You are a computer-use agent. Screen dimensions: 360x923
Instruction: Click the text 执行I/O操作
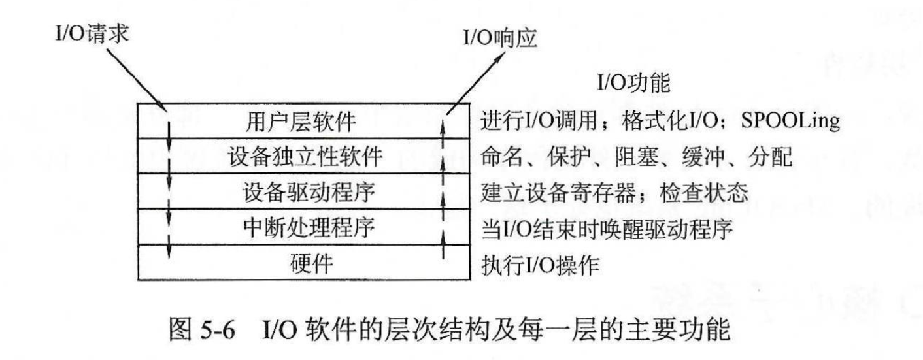[541, 265]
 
